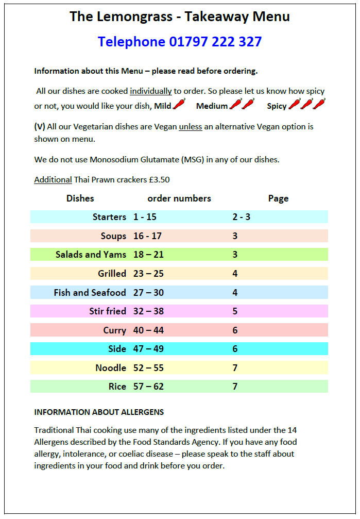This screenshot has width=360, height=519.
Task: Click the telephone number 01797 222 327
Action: (x=215, y=42)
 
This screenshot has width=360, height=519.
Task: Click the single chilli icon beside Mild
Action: (x=179, y=105)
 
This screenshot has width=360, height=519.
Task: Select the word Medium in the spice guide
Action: (x=212, y=106)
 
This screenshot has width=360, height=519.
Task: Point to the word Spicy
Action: (x=277, y=106)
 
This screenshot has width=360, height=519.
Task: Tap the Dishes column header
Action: (x=80, y=198)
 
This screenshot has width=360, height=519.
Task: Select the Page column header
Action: (x=278, y=198)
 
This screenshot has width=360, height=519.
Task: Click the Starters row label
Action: (x=109, y=217)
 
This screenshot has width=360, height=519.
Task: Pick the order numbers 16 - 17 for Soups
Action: (x=147, y=236)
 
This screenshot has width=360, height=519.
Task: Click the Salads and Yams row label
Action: (x=91, y=254)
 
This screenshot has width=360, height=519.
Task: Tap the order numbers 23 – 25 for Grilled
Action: (x=148, y=274)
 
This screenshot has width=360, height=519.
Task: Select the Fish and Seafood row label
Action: (x=90, y=293)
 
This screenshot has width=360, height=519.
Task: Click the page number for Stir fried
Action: (x=235, y=311)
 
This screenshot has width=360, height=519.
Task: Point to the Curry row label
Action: (x=114, y=330)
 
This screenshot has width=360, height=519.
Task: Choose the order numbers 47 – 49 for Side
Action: (x=148, y=349)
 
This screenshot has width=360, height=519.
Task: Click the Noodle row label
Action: (x=111, y=368)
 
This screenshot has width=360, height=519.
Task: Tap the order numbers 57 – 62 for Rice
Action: (x=148, y=387)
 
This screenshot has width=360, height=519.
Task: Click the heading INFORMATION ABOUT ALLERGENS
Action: (x=99, y=412)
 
